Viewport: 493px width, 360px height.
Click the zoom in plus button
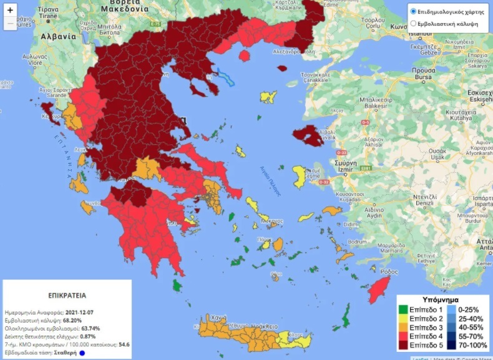[10, 11]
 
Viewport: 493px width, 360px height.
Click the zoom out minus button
[10, 24]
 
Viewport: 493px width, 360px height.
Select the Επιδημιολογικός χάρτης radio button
[412, 12]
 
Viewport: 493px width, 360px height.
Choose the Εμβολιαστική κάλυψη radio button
[412, 24]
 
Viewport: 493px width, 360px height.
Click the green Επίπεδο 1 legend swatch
[403, 309]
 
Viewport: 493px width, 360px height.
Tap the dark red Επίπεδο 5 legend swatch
[403, 344]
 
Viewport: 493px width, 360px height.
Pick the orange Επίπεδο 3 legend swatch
[403, 327]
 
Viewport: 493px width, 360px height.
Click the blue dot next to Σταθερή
[82, 353]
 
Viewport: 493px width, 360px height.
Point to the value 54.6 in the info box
[124, 344]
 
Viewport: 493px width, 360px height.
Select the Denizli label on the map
[425, 203]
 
